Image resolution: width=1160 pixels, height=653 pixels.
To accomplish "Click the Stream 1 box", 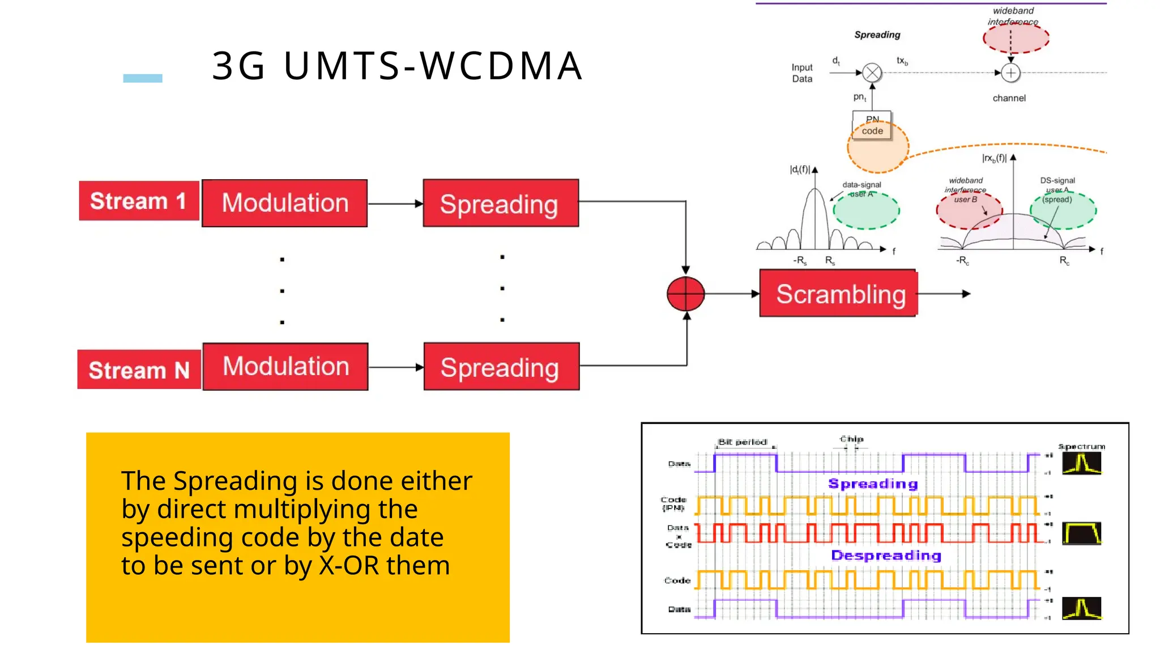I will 138,201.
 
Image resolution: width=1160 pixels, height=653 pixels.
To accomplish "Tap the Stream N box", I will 139,370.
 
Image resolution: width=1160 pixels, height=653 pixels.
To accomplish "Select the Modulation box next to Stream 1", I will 285,203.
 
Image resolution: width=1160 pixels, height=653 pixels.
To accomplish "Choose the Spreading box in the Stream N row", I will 501,367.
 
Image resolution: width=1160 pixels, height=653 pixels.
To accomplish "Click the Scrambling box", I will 838,294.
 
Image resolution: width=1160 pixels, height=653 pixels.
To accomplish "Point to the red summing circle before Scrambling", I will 685,294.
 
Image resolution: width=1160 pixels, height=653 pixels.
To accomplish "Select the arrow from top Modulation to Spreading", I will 395,203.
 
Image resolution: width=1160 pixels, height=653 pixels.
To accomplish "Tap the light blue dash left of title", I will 143,78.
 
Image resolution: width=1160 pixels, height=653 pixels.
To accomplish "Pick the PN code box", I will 872,125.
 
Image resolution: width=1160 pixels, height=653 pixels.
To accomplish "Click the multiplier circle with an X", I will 872,73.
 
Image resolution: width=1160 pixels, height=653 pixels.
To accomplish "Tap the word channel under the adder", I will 1009,98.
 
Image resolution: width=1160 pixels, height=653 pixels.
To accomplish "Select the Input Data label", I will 802,73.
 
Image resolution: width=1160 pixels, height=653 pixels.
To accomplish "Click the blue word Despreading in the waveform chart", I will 886,556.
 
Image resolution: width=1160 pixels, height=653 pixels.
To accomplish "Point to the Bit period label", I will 742,442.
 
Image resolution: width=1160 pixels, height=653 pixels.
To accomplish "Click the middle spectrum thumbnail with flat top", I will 1081,533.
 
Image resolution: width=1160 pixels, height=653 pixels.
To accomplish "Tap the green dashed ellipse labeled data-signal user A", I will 866,210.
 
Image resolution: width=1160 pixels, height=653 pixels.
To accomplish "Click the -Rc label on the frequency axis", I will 962,261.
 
